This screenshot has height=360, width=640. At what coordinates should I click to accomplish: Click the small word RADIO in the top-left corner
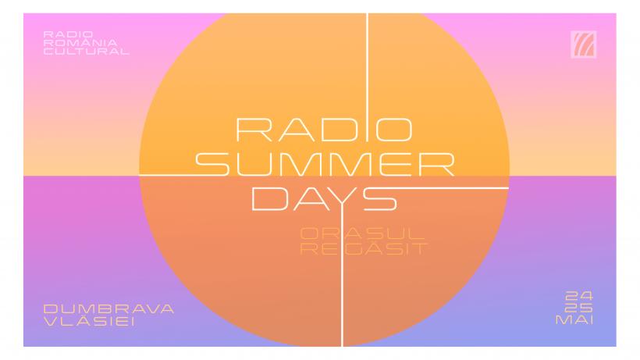[59, 34]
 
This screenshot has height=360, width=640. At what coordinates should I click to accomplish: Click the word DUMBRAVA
[108, 308]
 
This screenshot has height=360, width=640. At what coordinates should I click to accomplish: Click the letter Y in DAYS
[340, 199]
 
